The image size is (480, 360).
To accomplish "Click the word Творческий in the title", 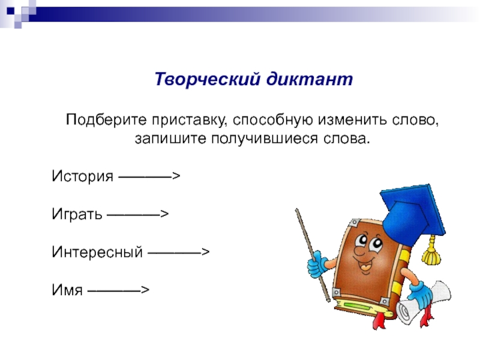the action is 208,79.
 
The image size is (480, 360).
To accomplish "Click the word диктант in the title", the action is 310,79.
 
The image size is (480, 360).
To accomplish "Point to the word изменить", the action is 352,119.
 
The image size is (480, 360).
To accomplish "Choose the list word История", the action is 82,176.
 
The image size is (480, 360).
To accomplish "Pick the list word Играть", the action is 77,214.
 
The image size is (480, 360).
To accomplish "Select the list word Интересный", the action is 97,252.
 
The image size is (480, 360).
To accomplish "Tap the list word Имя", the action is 67,290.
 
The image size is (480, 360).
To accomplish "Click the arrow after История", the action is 149,176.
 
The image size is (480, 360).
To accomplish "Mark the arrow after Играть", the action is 137,214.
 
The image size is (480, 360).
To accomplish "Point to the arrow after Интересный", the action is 178,252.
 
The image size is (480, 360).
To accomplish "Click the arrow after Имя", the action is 118,290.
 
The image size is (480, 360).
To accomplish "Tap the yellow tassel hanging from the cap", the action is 431,250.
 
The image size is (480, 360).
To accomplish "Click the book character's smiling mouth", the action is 365,265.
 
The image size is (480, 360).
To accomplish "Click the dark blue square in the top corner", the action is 11,11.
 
